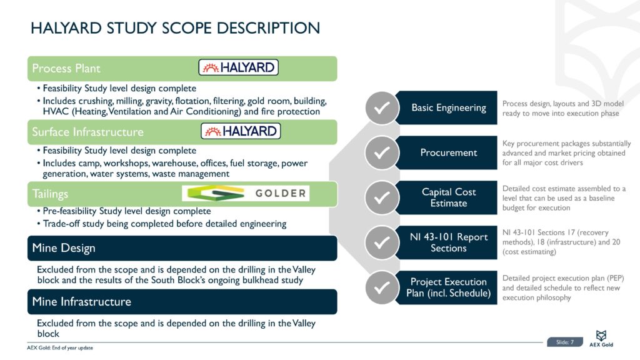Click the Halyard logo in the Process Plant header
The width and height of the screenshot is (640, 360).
tap(238, 67)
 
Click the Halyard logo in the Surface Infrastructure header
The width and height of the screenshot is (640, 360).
tap(241, 131)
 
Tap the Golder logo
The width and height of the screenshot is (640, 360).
tap(246, 193)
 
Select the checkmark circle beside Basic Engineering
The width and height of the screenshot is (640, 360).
tap(382, 107)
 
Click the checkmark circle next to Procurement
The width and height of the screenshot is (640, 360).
tap(382, 152)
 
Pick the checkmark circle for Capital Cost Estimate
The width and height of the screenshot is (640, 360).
tap(382, 197)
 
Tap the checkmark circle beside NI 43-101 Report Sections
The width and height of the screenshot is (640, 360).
tap(382, 242)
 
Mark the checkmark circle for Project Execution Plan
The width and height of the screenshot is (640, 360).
tap(382, 287)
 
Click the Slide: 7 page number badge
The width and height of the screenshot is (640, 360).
tap(565, 342)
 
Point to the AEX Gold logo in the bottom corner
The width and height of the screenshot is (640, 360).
tap(601, 338)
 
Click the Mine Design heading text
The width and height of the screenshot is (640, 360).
tap(64, 248)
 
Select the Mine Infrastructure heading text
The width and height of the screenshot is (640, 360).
tap(82, 302)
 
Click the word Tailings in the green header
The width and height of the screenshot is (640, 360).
tap(50, 194)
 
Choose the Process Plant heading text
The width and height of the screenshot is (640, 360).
tap(66, 68)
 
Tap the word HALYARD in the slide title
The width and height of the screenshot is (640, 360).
tap(66, 28)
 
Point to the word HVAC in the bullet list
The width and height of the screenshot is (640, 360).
tap(56, 111)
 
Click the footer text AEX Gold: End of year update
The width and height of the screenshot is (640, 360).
tap(60, 347)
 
